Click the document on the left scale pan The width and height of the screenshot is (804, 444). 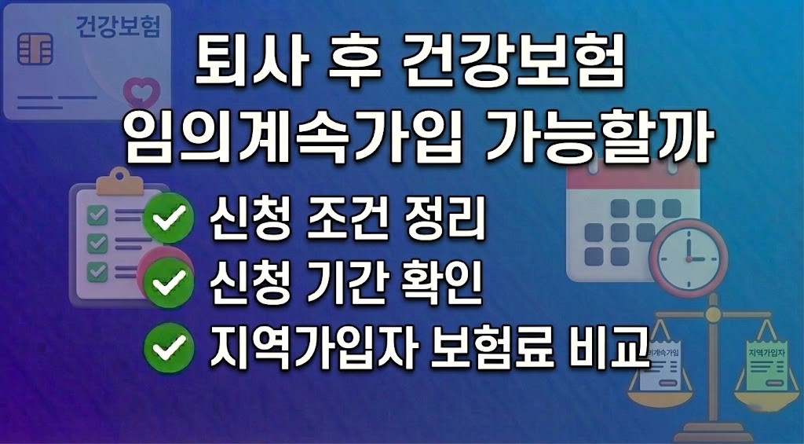click(660, 365)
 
